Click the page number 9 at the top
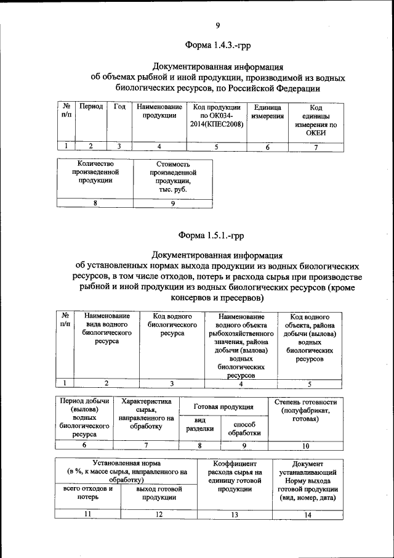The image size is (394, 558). point(218,25)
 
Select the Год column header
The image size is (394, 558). point(119,107)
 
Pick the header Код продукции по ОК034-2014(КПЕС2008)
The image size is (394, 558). point(216,115)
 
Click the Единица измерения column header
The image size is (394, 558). point(267,111)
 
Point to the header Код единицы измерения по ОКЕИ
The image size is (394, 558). point(315,120)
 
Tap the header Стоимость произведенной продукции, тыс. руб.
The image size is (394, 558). point(172,177)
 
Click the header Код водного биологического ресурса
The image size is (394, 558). point(172,324)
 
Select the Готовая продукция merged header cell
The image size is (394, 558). point(223,407)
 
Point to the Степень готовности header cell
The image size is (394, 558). point(305,411)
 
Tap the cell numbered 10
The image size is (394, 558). point(305,446)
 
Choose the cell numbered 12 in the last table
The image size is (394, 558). point(159,514)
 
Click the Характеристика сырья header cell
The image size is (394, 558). point(146,413)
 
